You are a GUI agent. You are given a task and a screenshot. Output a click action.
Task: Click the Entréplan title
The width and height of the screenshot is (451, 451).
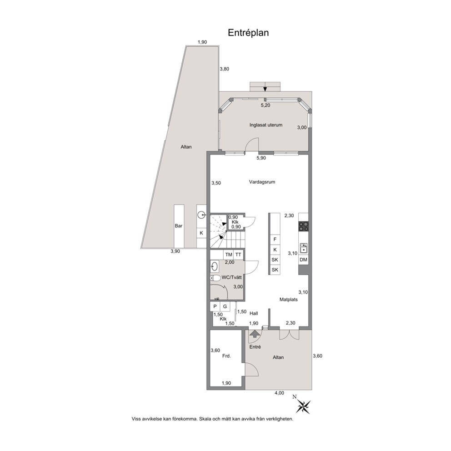coord(248,33)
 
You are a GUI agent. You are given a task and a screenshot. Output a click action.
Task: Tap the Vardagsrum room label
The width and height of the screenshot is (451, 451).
coord(262,182)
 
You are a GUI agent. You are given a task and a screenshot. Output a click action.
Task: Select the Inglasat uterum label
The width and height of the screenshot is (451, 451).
coord(266,125)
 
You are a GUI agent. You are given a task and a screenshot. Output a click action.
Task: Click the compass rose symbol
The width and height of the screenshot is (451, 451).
coord(303,406)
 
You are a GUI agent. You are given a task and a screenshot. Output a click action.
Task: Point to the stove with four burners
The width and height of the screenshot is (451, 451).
coord(303,226)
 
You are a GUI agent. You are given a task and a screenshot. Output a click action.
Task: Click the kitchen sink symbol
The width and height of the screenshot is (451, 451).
coord(303,248)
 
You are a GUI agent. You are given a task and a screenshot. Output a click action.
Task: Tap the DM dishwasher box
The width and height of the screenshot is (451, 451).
coord(303,260)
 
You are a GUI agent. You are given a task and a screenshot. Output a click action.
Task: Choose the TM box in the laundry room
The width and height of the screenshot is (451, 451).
coord(228,255)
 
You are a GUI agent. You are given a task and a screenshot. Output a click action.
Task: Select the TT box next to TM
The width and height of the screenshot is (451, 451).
coord(238,255)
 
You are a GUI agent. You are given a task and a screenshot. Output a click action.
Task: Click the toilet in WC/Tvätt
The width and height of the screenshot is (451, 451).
coord(215,278)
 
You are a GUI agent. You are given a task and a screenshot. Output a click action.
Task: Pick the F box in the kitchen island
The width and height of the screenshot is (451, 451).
coord(275,239)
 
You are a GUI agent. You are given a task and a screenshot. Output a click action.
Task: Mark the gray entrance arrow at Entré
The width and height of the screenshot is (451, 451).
coord(254,333)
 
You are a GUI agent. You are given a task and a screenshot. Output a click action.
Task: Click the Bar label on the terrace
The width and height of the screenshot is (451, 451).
coord(179,226)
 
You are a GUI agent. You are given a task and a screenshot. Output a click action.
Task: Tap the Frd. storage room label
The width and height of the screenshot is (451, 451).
coord(226,356)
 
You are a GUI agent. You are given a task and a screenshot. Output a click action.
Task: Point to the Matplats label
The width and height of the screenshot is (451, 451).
coord(289,300)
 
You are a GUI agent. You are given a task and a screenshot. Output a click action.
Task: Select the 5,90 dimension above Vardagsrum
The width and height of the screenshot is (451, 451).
coord(261,158)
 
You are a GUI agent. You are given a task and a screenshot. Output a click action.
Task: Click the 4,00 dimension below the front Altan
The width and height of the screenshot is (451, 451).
coord(279,393)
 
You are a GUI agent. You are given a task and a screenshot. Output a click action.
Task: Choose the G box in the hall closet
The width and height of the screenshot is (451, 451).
coord(225,306)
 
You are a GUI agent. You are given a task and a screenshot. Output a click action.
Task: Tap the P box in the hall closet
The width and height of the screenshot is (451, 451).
coord(215,306)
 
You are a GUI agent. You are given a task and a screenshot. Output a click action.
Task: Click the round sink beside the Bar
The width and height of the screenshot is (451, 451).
coord(201,214)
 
